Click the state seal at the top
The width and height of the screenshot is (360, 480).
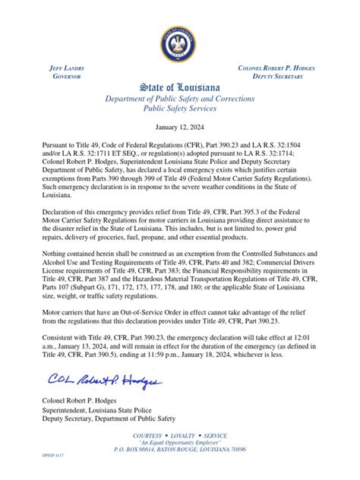point(180,43)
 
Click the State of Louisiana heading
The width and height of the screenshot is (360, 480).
point(180,87)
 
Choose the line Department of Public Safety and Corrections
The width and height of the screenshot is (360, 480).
point(180,99)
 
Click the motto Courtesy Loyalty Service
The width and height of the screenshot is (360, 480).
point(180,436)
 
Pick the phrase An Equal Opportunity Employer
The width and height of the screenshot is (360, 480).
point(180,444)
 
